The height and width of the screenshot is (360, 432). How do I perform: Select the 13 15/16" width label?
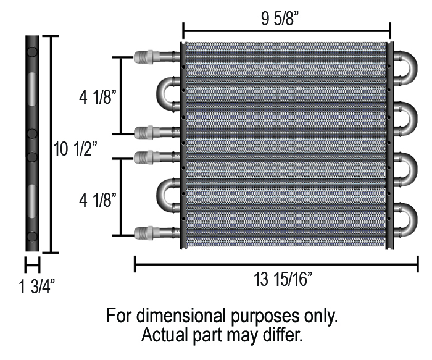284,280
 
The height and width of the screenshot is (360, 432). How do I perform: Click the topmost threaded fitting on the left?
146,59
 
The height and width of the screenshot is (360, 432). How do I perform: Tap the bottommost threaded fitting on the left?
146,233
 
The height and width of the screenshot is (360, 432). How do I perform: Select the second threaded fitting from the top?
146,131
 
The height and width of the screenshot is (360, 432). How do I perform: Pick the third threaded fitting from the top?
146,156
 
